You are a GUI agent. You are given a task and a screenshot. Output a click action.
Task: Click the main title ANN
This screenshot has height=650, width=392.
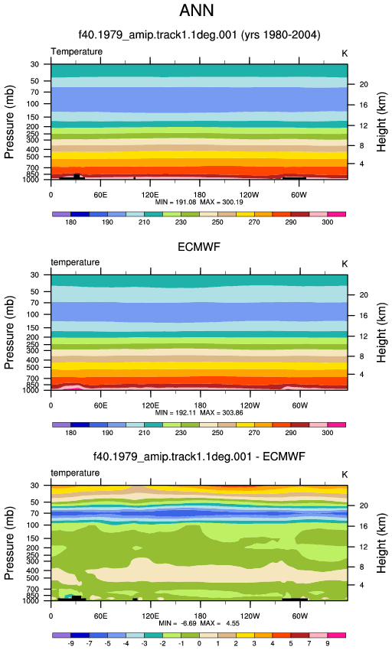pyautogui.click(x=197, y=11)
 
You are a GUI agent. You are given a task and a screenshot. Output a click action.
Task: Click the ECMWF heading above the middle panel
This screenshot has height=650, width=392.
pyautogui.click(x=199, y=247)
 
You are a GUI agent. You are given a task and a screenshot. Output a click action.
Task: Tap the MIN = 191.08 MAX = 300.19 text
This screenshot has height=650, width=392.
pyautogui.click(x=199, y=203)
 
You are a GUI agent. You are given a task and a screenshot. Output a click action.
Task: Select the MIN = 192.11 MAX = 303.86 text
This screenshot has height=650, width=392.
pyautogui.click(x=199, y=413)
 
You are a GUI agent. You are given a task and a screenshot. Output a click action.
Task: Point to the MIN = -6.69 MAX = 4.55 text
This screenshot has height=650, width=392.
pyautogui.click(x=199, y=623)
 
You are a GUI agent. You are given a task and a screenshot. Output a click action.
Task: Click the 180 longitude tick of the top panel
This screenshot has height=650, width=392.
pyautogui.click(x=199, y=195)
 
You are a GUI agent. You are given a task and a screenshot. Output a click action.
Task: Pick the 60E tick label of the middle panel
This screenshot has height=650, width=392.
pyautogui.click(x=100, y=405)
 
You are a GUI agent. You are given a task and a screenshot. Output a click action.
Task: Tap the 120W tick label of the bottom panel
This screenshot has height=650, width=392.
pyautogui.click(x=250, y=616)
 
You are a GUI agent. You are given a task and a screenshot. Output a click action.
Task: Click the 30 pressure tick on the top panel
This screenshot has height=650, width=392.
pyautogui.click(x=34, y=64)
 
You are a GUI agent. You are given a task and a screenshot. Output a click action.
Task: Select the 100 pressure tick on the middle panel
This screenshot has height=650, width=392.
pyautogui.click(x=32, y=314)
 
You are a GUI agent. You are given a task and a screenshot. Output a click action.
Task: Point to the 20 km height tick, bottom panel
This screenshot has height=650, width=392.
pyautogui.click(x=364, y=505)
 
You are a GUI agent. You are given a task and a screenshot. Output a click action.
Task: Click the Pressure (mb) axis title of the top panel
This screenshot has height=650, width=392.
pyautogui.click(x=9, y=122)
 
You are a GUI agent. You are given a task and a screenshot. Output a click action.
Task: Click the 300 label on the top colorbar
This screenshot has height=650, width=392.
pyautogui.click(x=327, y=223)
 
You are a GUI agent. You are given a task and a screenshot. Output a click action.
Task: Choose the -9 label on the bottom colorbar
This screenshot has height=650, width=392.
pyautogui.click(x=70, y=643)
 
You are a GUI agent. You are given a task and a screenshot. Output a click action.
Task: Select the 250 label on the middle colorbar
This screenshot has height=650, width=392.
pyautogui.click(x=217, y=433)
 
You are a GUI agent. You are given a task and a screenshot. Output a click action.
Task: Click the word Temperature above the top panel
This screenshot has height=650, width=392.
pyautogui.click(x=77, y=52)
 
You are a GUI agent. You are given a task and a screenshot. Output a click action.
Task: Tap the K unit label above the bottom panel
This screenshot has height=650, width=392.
pyautogui.click(x=345, y=475)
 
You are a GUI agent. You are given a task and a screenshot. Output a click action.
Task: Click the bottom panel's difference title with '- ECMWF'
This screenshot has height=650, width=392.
pyautogui.click(x=199, y=457)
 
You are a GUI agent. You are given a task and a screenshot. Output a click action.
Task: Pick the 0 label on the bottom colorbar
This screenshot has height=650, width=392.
pyautogui.click(x=199, y=643)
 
